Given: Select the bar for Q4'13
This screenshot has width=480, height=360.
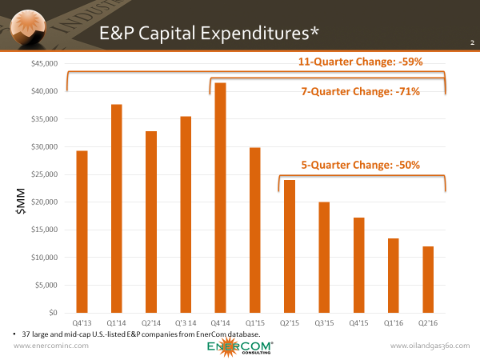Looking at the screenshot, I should (x=82, y=231).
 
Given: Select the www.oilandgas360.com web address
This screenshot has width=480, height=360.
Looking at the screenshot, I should (x=427, y=346).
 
